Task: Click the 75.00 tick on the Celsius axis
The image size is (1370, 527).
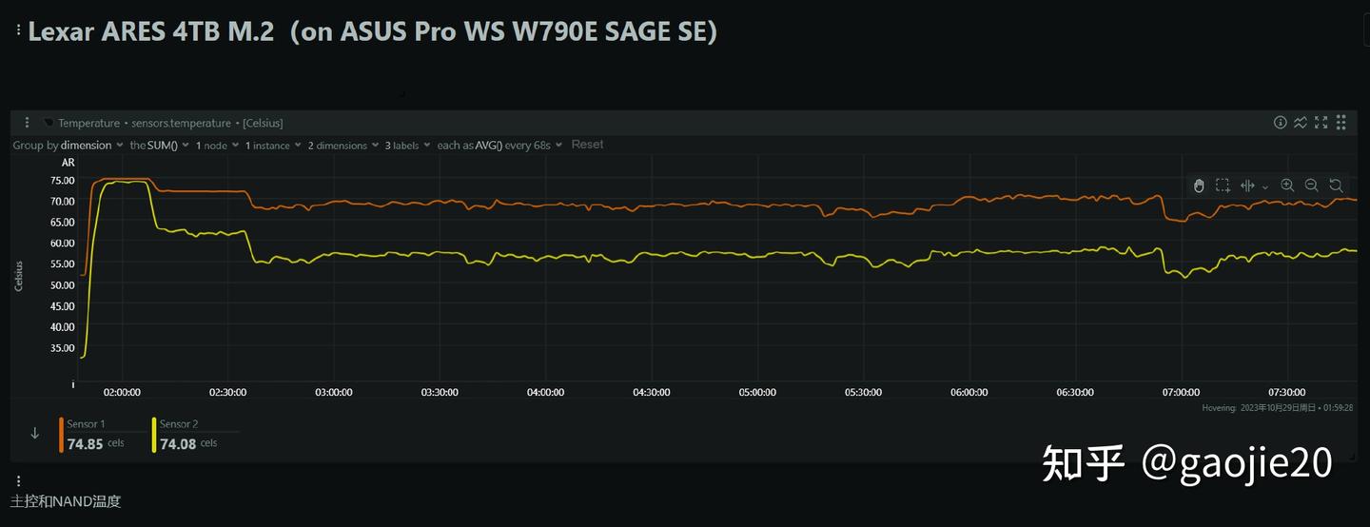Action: [62, 180]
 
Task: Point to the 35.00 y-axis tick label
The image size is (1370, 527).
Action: [62, 348]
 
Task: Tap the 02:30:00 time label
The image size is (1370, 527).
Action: [227, 392]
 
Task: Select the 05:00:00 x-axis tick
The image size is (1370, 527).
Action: [756, 392]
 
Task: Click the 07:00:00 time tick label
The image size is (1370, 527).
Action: [1180, 392]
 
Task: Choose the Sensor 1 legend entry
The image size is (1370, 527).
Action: [86, 424]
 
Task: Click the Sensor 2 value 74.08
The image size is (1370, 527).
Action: [178, 443]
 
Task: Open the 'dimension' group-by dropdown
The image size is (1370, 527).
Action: [91, 146]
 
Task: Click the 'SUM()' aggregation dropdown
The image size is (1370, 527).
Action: [163, 146]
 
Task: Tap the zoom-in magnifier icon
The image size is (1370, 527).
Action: [1287, 185]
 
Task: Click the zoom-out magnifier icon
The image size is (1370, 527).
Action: [1311, 185]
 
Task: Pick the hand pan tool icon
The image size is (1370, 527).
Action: [1199, 185]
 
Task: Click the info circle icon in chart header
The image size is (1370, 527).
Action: [1281, 123]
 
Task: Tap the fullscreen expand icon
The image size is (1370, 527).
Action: [1321, 123]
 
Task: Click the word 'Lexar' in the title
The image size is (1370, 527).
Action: [58, 31]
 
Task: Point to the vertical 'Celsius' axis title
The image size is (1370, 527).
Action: [19, 275]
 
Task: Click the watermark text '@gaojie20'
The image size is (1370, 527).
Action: [1236, 463]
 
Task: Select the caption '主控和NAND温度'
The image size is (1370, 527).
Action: [66, 501]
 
